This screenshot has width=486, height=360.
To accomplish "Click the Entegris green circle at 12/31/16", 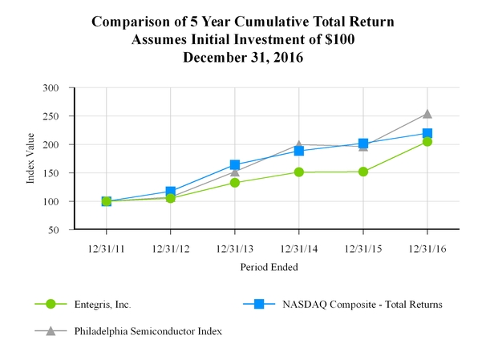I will point(427,141).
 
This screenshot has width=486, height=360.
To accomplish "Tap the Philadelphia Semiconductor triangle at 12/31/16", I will point(427,114).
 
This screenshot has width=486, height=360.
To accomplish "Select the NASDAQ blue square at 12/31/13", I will point(234,164).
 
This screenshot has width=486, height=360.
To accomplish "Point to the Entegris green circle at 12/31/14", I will point(298,172).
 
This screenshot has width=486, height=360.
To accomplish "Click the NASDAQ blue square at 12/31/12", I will point(170,192).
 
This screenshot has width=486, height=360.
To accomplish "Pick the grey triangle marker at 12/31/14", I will point(298,144).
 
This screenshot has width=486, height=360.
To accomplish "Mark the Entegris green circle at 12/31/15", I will point(363,171).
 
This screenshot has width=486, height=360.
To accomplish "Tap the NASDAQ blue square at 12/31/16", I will point(427,133).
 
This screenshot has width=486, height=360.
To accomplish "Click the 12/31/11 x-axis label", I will point(106,248).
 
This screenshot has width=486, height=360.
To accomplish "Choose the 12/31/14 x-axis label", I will point(298,248).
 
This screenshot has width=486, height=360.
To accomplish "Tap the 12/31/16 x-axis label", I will point(427,248).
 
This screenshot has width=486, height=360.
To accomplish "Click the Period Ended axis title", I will point(266,268).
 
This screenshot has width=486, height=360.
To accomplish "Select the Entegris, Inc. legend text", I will point(102,305).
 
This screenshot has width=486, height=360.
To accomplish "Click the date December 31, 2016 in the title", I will point(242,57).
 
